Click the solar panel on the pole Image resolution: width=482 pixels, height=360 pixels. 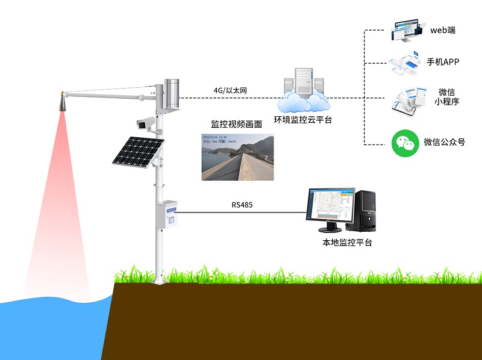pyautogui.click(x=138, y=151)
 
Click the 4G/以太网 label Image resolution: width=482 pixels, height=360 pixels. pyautogui.click(x=230, y=91)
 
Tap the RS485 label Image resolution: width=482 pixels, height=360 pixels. pyautogui.click(x=242, y=205)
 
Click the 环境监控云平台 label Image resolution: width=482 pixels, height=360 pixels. pyautogui.click(x=303, y=120)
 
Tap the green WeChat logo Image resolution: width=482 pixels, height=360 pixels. pyautogui.click(x=405, y=143)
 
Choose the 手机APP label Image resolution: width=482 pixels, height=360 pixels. pyautogui.click(x=443, y=61)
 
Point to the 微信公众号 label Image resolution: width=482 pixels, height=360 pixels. pyautogui.click(x=444, y=143)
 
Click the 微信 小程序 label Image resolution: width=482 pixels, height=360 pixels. pyautogui.click(x=446, y=97)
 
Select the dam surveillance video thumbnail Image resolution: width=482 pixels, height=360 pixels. pyautogui.click(x=237, y=156)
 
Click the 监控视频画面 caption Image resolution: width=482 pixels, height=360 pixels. pyautogui.click(x=236, y=124)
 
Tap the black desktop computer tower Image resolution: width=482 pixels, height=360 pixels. pyautogui.click(x=365, y=211)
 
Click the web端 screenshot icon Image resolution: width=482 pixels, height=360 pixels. pyautogui.click(x=405, y=31)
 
